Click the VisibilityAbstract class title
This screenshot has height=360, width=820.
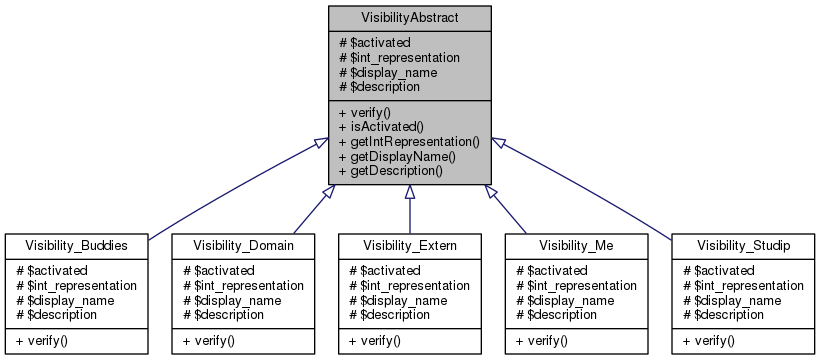409,17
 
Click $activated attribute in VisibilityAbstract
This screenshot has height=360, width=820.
375,42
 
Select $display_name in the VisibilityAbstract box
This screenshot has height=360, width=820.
388,72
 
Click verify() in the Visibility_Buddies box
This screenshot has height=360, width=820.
34,341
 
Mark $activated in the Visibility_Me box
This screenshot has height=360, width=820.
550,270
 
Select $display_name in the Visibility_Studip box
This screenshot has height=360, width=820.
729,300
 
